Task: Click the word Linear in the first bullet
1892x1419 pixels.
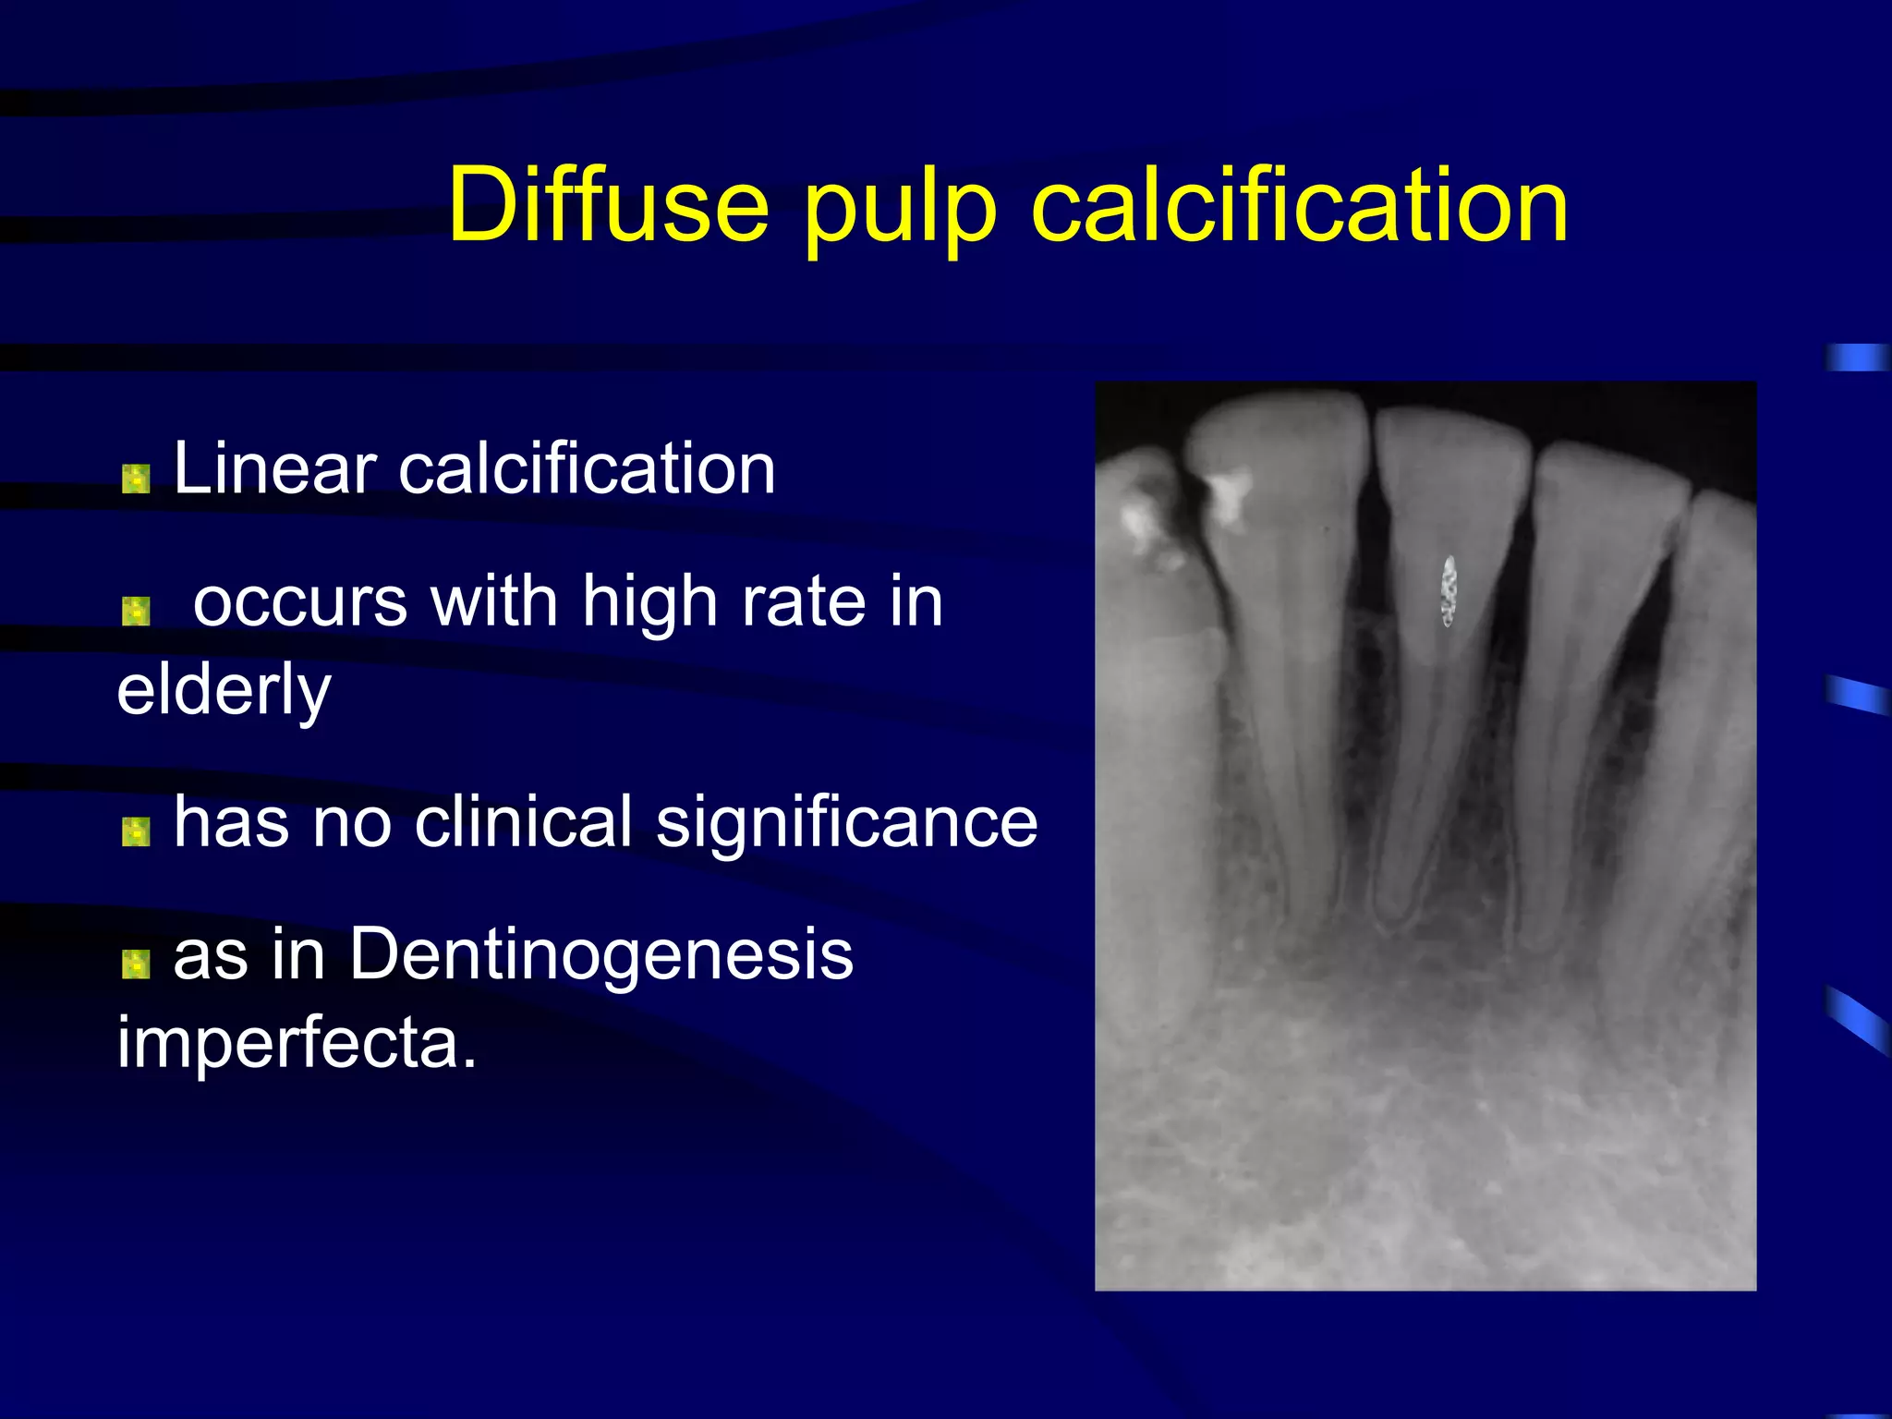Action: [275, 468]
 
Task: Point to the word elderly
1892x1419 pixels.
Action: [224, 691]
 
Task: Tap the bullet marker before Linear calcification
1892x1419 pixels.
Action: [136, 479]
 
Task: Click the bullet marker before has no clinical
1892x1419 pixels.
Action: [136, 831]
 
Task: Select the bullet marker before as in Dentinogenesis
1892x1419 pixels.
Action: [136, 964]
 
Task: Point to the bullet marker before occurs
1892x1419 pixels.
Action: [136, 611]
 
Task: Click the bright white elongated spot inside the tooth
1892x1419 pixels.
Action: [1449, 590]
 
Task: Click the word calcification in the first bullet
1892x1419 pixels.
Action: [587, 468]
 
